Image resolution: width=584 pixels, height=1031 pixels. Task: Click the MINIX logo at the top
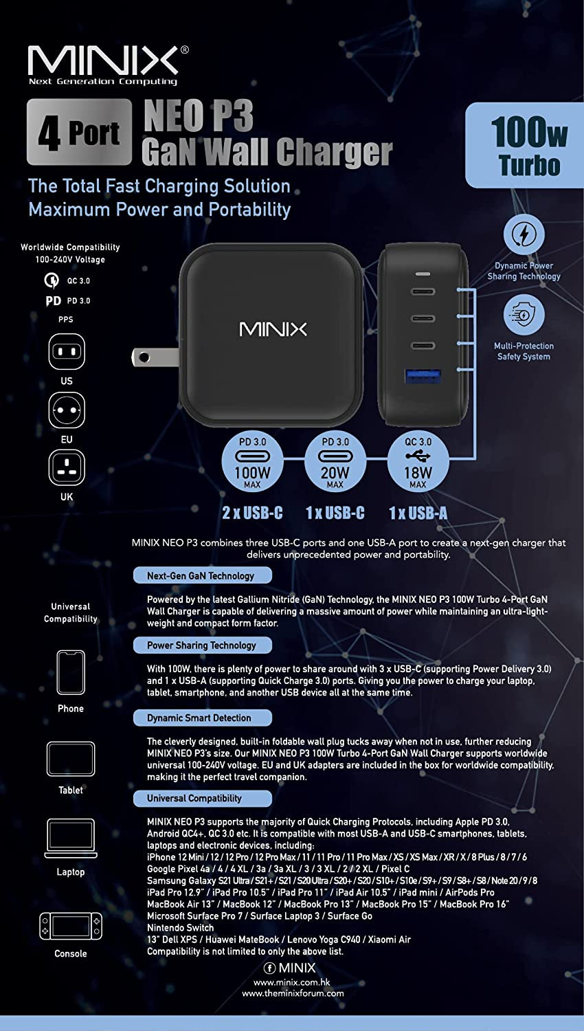coord(104,62)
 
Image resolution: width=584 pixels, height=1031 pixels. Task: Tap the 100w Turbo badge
coord(526,146)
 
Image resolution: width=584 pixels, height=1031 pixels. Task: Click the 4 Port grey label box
coord(79,132)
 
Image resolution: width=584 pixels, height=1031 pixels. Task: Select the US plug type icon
coord(67,352)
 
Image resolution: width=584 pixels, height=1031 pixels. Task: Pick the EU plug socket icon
coord(67,410)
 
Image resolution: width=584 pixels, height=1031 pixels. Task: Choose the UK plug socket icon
coord(67,468)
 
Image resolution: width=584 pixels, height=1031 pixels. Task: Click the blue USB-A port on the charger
coord(423,377)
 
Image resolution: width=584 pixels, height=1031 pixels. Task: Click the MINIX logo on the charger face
coord(273,329)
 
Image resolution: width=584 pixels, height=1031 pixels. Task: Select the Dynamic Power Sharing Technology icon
coord(524,235)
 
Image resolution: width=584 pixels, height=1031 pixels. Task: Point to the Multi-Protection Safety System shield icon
coord(524,315)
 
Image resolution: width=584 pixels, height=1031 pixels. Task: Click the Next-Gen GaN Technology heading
coord(202,576)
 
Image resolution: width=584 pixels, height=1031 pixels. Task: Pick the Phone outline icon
coord(71,673)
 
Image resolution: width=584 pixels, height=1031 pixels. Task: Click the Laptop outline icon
coord(71,839)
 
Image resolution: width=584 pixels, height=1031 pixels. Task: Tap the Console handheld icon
coord(71,926)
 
